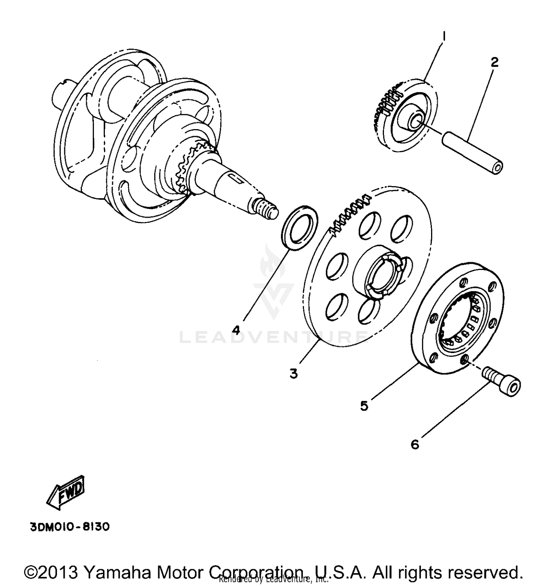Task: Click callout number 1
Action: (444, 36)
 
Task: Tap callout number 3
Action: (294, 373)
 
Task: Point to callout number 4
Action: (236, 330)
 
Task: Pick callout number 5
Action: (364, 406)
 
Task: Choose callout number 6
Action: (415, 444)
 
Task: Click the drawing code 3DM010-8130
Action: (69, 527)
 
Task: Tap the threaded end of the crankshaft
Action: (266, 211)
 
